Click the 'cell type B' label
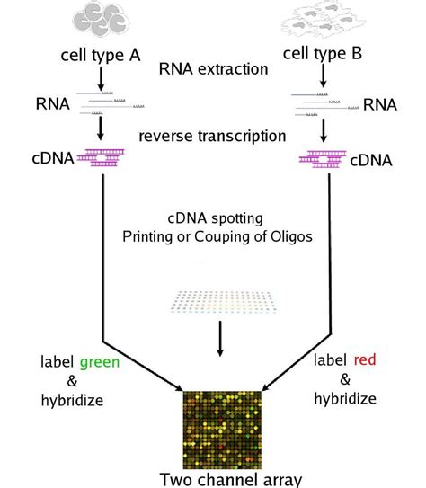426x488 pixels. click(x=323, y=55)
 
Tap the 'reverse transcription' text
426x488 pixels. click(x=212, y=136)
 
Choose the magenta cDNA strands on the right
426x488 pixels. click(x=322, y=159)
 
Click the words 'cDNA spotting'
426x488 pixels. click(x=213, y=218)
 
